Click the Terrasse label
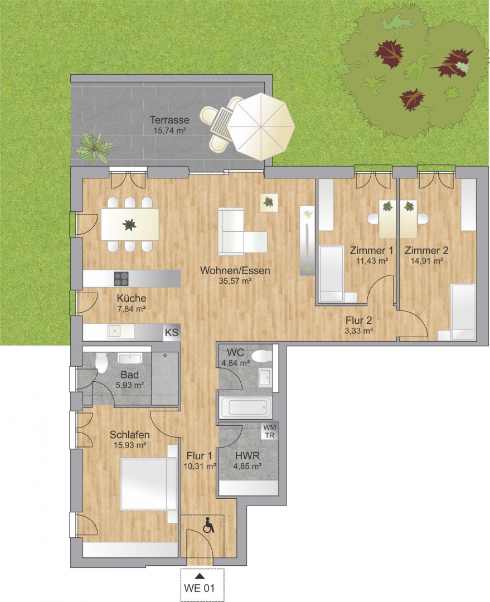tap(169, 120)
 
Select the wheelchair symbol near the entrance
tap(209, 526)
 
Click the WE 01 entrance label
tap(202, 588)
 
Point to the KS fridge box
tap(171, 333)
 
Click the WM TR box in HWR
tap(269, 431)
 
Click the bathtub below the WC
tap(245, 408)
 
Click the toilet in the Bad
tap(101, 363)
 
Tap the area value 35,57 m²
tap(236, 281)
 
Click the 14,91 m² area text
tap(426, 260)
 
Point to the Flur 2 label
tap(358, 321)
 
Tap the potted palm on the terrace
tap(95, 147)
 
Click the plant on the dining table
tap(130, 225)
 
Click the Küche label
tap(132, 298)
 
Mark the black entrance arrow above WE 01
tap(201, 576)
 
